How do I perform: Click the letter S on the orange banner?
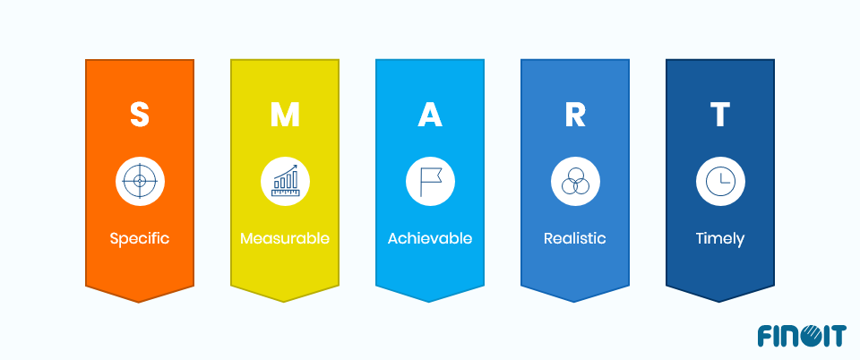(x=139, y=115)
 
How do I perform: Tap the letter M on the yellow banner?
(x=285, y=115)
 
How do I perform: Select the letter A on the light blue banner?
(x=430, y=115)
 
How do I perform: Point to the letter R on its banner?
(x=575, y=115)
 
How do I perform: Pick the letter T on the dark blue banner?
(x=720, y=115)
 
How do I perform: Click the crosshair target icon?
(x=139, y=181)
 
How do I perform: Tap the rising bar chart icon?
(x=285, y=181)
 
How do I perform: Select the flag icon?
(x=430, y=181)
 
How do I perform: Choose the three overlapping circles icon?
(x=575, y=181)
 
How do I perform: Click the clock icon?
(x=720, y=181)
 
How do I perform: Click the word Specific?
(x=139, y=239)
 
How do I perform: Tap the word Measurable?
(x=285, y=239)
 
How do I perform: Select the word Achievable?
(x=430, y=239)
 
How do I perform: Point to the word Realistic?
(x=575, y=239)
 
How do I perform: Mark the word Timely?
(x=720, y=239)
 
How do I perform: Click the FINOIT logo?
(x=801, y=337)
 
